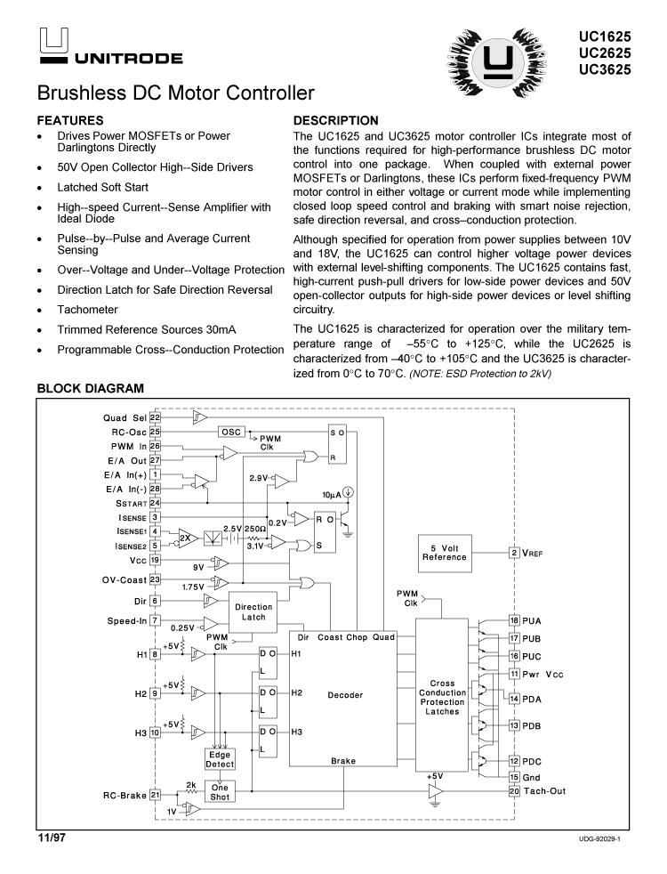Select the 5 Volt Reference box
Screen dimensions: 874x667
[x=444, y=553]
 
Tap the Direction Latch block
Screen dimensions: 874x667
[x=253, y=612]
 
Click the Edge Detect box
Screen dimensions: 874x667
[x=220, y=759]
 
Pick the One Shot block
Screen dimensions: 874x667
[x=220, y=791]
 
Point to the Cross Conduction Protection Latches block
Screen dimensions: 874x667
[x=442, y=698]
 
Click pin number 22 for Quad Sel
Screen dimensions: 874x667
[x=155, y=417]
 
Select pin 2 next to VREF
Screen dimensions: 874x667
[x=514, y=554]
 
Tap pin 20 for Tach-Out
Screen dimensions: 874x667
[x=514, y=791]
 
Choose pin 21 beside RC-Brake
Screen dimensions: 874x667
[x=155, y=795]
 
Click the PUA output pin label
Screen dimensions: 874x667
[x=532, y=620]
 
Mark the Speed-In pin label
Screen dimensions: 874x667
[x=127, y=620]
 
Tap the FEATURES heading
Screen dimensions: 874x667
[x=70, y=120]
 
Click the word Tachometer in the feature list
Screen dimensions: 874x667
[x=87, y=310]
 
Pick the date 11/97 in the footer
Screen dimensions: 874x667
[x=52, y=838]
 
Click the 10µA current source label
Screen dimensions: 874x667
[x=333, y=493]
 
